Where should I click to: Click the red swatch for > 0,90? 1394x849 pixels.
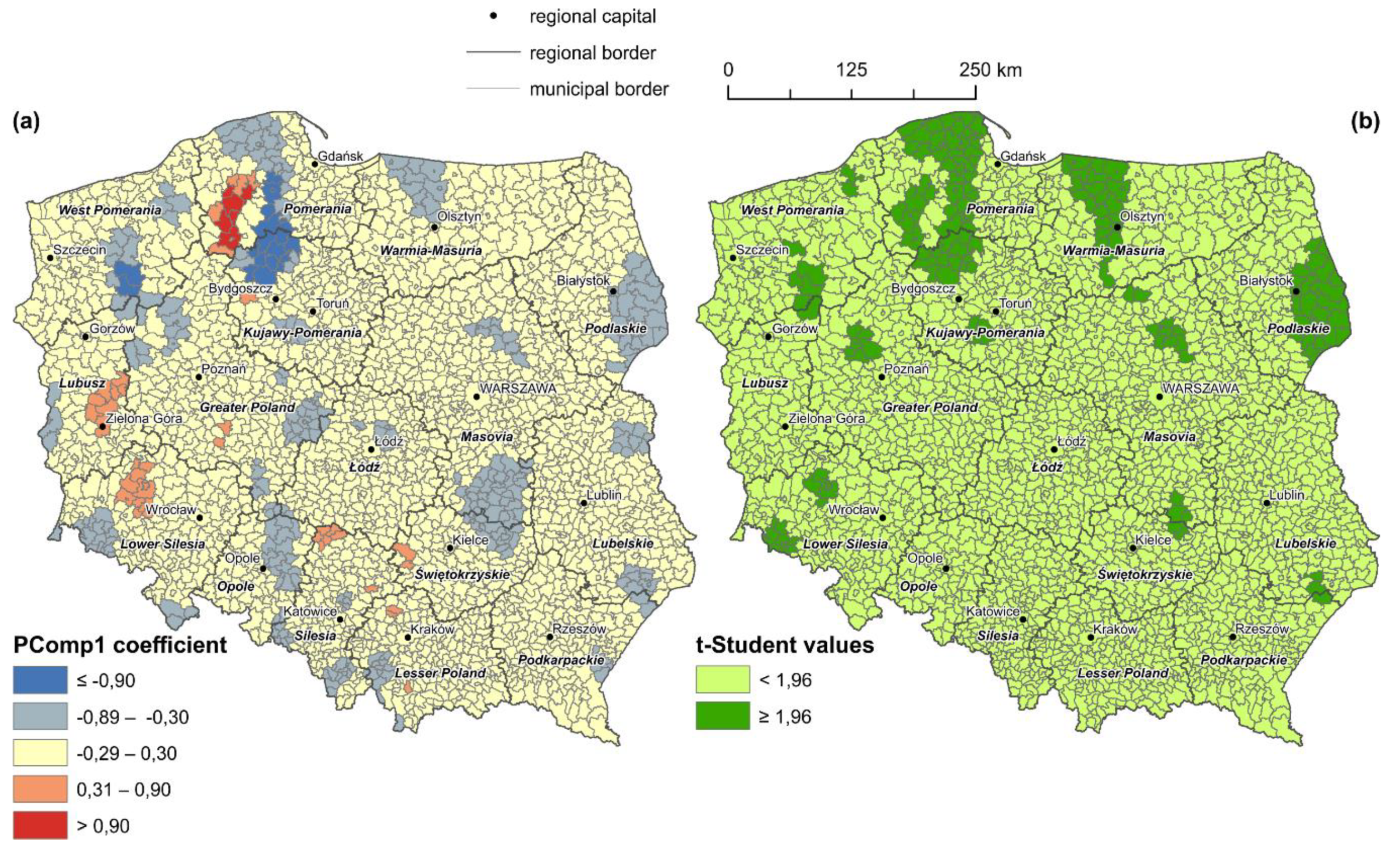pos(40,825)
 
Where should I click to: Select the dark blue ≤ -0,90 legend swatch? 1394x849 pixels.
pos(40,680)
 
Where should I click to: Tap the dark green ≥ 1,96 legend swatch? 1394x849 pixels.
pos(722,716)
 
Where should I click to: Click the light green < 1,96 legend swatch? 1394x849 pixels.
pos(722,679)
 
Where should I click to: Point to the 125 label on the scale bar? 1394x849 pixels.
pos(852,69)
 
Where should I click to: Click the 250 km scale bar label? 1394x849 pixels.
pos(990,69)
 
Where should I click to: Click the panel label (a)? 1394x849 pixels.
pos(26,121)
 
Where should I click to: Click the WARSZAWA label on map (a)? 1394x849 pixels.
pos(517,388)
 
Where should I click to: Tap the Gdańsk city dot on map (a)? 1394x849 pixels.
pos(315,164)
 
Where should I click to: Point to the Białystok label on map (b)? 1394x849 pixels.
pos(1266,280)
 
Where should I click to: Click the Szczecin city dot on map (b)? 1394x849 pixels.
pos(732,258)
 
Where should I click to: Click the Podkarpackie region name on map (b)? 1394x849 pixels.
pos(1244,660)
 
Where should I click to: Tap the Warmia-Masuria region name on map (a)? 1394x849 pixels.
pos(431,250)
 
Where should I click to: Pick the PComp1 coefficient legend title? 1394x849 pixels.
pos(120,644)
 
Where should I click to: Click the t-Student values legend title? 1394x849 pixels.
pos(785,644)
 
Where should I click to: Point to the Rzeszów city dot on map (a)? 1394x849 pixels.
pos(550,637)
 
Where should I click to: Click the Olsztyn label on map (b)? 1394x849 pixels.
pos(1142,216)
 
